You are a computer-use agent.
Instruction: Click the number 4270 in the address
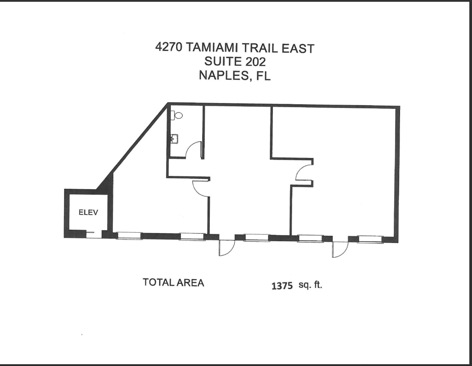(x=169, y=47)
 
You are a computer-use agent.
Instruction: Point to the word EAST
(x=300, y=48)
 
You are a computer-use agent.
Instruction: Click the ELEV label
(x=88, y=212)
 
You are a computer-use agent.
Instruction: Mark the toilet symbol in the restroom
(x=177, y=115)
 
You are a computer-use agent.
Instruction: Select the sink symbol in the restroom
(x=174, y=139)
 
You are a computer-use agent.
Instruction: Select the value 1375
(x=282, y=286)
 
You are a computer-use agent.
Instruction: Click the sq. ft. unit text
(x=310, y=285)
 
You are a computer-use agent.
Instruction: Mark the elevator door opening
(x=94, y=234)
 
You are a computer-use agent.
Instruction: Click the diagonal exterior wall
(x=137, y=142)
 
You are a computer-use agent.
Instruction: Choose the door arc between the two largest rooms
(x=302, y=173)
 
